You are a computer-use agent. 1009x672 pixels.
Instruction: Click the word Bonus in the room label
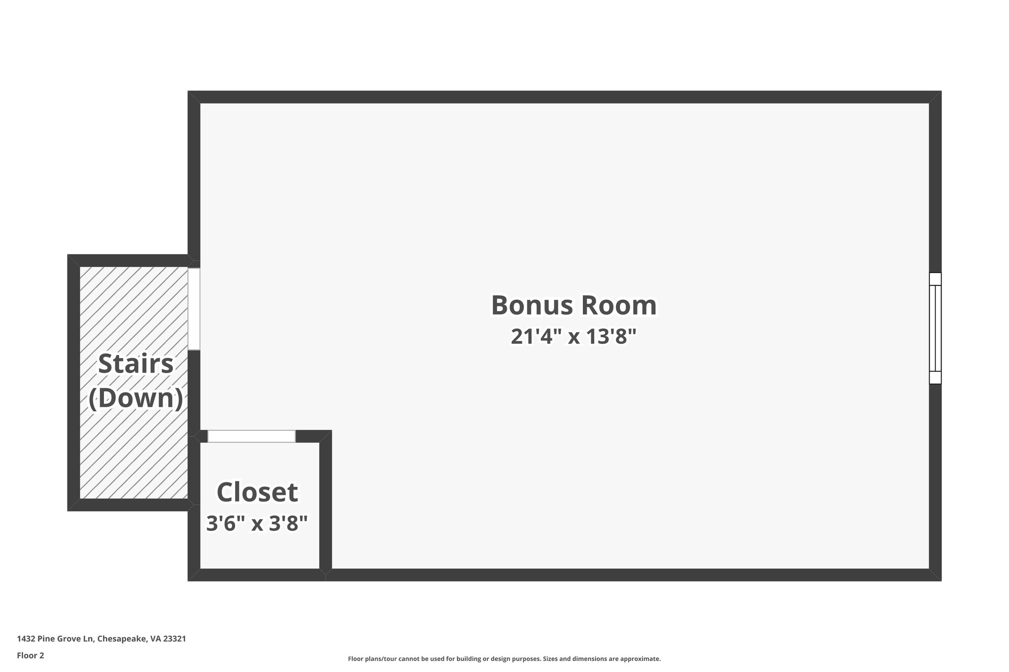pyautogui.click(x=530, y=305)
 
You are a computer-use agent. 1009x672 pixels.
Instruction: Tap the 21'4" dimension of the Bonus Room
pyautogui.click(x=536, y=337)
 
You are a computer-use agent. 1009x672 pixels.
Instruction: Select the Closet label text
pyautogui.click(x=257, y=492)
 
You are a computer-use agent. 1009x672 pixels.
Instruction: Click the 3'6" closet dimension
pyautogui.click(x=226, y=523)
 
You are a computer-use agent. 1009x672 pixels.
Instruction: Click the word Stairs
pyautogui.click(x=135, y=364)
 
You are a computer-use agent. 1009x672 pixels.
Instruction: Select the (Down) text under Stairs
pyautogui.click(x=135, y=398)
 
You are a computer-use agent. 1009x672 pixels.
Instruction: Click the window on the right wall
pyautogui.click(x=935, y=328)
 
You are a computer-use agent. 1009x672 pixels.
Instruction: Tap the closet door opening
pyautogui.click(x=251, y=436)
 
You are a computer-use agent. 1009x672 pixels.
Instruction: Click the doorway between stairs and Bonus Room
pyautogui.click(x=194, y=309)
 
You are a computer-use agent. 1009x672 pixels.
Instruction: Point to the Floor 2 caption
pyautogui.click(x=31, y=655)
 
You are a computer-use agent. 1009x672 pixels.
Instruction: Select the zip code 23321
pyautogui.click(x=174, y=639)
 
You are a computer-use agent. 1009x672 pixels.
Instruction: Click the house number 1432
pyautogui.click(x=26, y=639)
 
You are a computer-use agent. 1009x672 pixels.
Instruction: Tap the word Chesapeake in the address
pyautogui.click(x=122, y=639)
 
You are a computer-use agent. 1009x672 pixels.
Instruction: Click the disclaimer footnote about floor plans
pyautogui.click(x=504, y=659)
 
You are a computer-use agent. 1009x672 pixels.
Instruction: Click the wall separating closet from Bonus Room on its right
pyautogui.click(x=325, y=502)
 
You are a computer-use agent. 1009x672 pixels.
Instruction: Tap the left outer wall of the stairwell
pyautogui.click(x=73, y=383)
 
